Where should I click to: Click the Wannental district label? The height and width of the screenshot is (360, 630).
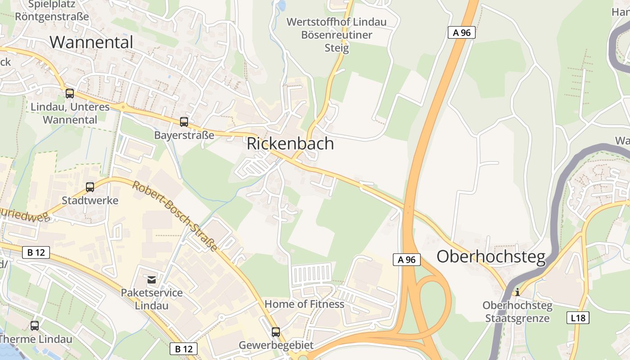click(x=91, y=42)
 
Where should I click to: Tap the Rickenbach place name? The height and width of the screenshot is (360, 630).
click(x=290, y=144)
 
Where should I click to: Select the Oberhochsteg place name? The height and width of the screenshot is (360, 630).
click(x=491, y=256)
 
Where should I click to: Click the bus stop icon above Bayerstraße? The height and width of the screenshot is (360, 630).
click(x=184, y=121)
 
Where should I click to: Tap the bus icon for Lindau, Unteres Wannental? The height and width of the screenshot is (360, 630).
click(x=70, y=94)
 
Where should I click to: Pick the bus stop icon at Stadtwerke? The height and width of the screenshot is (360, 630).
click(x=90, y=187)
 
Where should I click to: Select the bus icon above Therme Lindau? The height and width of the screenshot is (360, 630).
click(x=35, y=325)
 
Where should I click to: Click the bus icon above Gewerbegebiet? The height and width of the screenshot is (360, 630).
click(x=276, y=332)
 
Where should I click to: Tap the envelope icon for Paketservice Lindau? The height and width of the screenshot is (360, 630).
click(x=152, y=280)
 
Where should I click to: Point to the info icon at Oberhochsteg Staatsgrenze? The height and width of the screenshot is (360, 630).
click(x=517, y=292)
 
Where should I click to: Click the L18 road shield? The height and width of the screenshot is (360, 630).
click(x=577, y=318)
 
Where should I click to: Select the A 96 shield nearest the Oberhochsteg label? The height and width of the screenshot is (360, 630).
click(x=407, y=260)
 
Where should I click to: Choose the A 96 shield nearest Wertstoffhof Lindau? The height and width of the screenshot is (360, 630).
click(x=461, y=32)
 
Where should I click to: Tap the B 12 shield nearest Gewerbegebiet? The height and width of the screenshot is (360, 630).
click(x=184, y=348)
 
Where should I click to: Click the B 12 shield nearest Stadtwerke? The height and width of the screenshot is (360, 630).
click(x=36, y=252)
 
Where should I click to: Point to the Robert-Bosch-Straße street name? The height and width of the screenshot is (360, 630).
click(x=175, y=216)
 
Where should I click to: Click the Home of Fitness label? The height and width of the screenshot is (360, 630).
click(x=304, y=304)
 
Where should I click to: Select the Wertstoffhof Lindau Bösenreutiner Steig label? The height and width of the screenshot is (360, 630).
click(x=337, y=35)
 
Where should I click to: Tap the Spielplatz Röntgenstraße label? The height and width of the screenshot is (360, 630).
click(x=52, y=11)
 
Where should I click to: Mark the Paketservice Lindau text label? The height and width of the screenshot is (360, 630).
click(x=152, y=299)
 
